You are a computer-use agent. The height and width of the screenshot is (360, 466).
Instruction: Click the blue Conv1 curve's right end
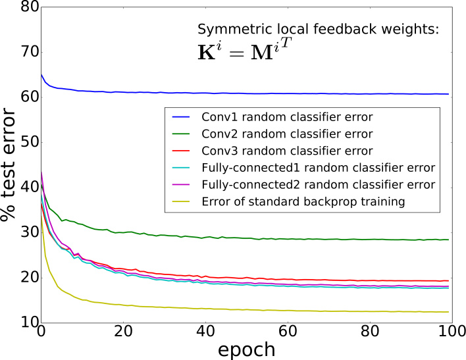tap(448, 94)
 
